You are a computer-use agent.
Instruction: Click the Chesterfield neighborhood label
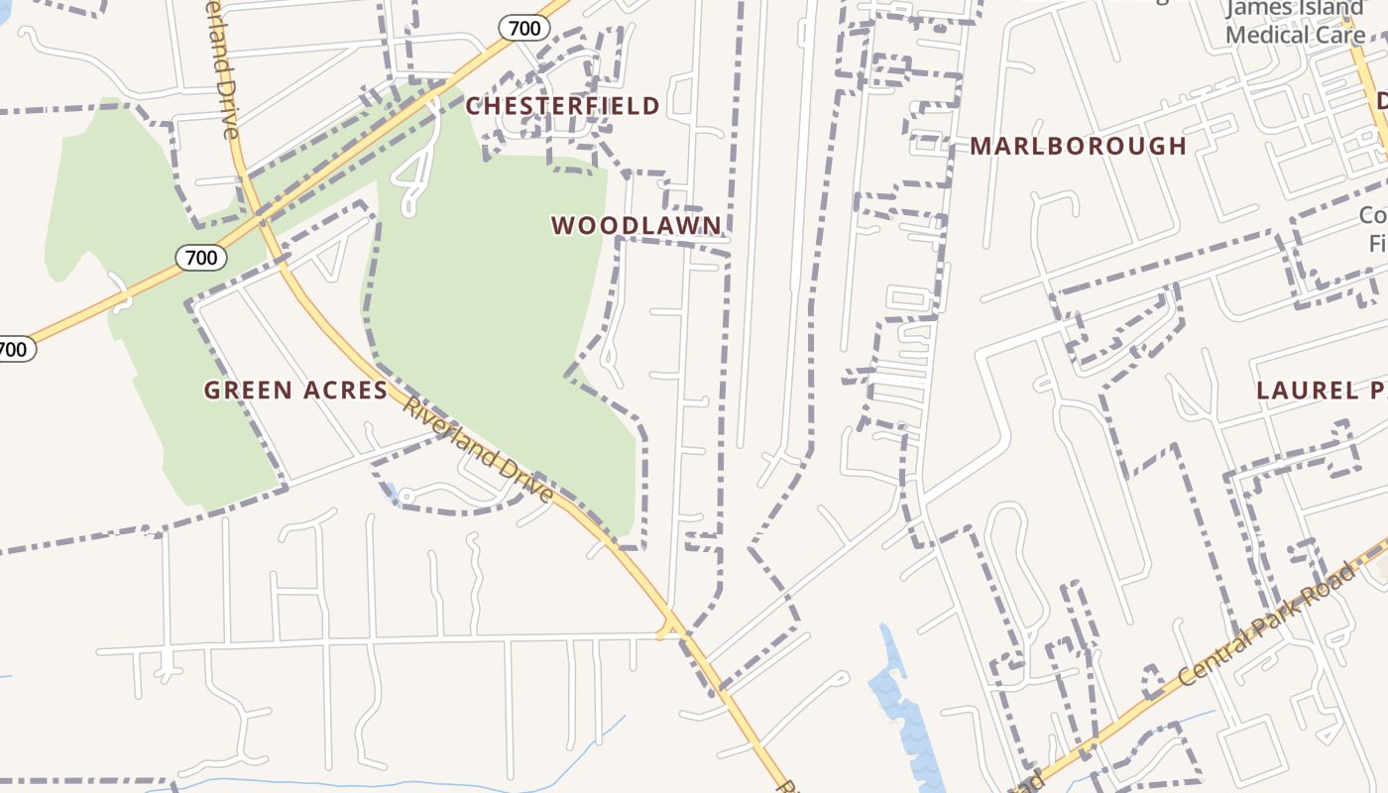pos(562,106)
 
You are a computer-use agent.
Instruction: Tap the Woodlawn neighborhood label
pos(636,226)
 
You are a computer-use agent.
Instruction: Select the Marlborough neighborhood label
pos(1078,147)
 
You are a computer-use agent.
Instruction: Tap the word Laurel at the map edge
pos(1300,391)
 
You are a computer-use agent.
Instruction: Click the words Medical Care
pos(1294,35)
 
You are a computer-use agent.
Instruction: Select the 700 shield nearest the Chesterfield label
pos(524,28)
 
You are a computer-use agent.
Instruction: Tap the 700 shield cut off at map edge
pos(15,349)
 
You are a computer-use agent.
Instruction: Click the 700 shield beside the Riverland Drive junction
pos(201,258)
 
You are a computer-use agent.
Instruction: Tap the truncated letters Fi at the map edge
pos(1377,243)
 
